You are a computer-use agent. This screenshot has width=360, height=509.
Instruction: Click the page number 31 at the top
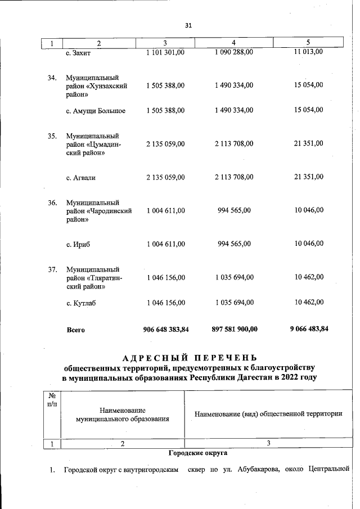(x=188, y=25)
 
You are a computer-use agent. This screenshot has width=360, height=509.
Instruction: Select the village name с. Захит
(x=78, y=53)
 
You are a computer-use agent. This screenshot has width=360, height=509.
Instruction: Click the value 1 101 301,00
(x=165, y=52)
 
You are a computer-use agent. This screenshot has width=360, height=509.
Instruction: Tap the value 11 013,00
(x=309, y=52)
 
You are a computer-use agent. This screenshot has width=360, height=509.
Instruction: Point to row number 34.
(x=52, y=77)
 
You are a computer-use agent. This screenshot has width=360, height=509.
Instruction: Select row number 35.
(x=52, y=136)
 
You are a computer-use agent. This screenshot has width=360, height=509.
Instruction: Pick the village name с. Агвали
(x=81, y=178)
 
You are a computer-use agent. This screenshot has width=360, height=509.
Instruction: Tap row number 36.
(x=52, y=202)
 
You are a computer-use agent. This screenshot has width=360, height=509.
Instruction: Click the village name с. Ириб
(x=78, y=244)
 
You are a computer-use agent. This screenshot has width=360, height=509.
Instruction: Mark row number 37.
(x=52, y=269)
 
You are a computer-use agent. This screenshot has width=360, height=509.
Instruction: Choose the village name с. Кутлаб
(x=81, y=303)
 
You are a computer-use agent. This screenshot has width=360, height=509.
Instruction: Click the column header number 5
(x=308, y=43)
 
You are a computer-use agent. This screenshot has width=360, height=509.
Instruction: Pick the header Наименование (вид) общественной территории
(x=268, y=415)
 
